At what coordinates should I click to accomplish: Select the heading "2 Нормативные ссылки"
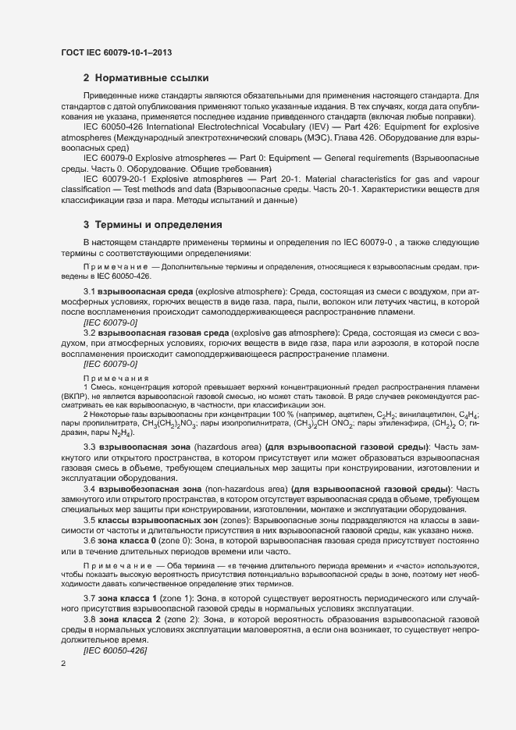click(145, 78)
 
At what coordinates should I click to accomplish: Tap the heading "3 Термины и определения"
click(153, 225)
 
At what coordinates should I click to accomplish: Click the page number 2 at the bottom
click(63, 663)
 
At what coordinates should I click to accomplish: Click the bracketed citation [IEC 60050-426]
click(116, 650)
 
